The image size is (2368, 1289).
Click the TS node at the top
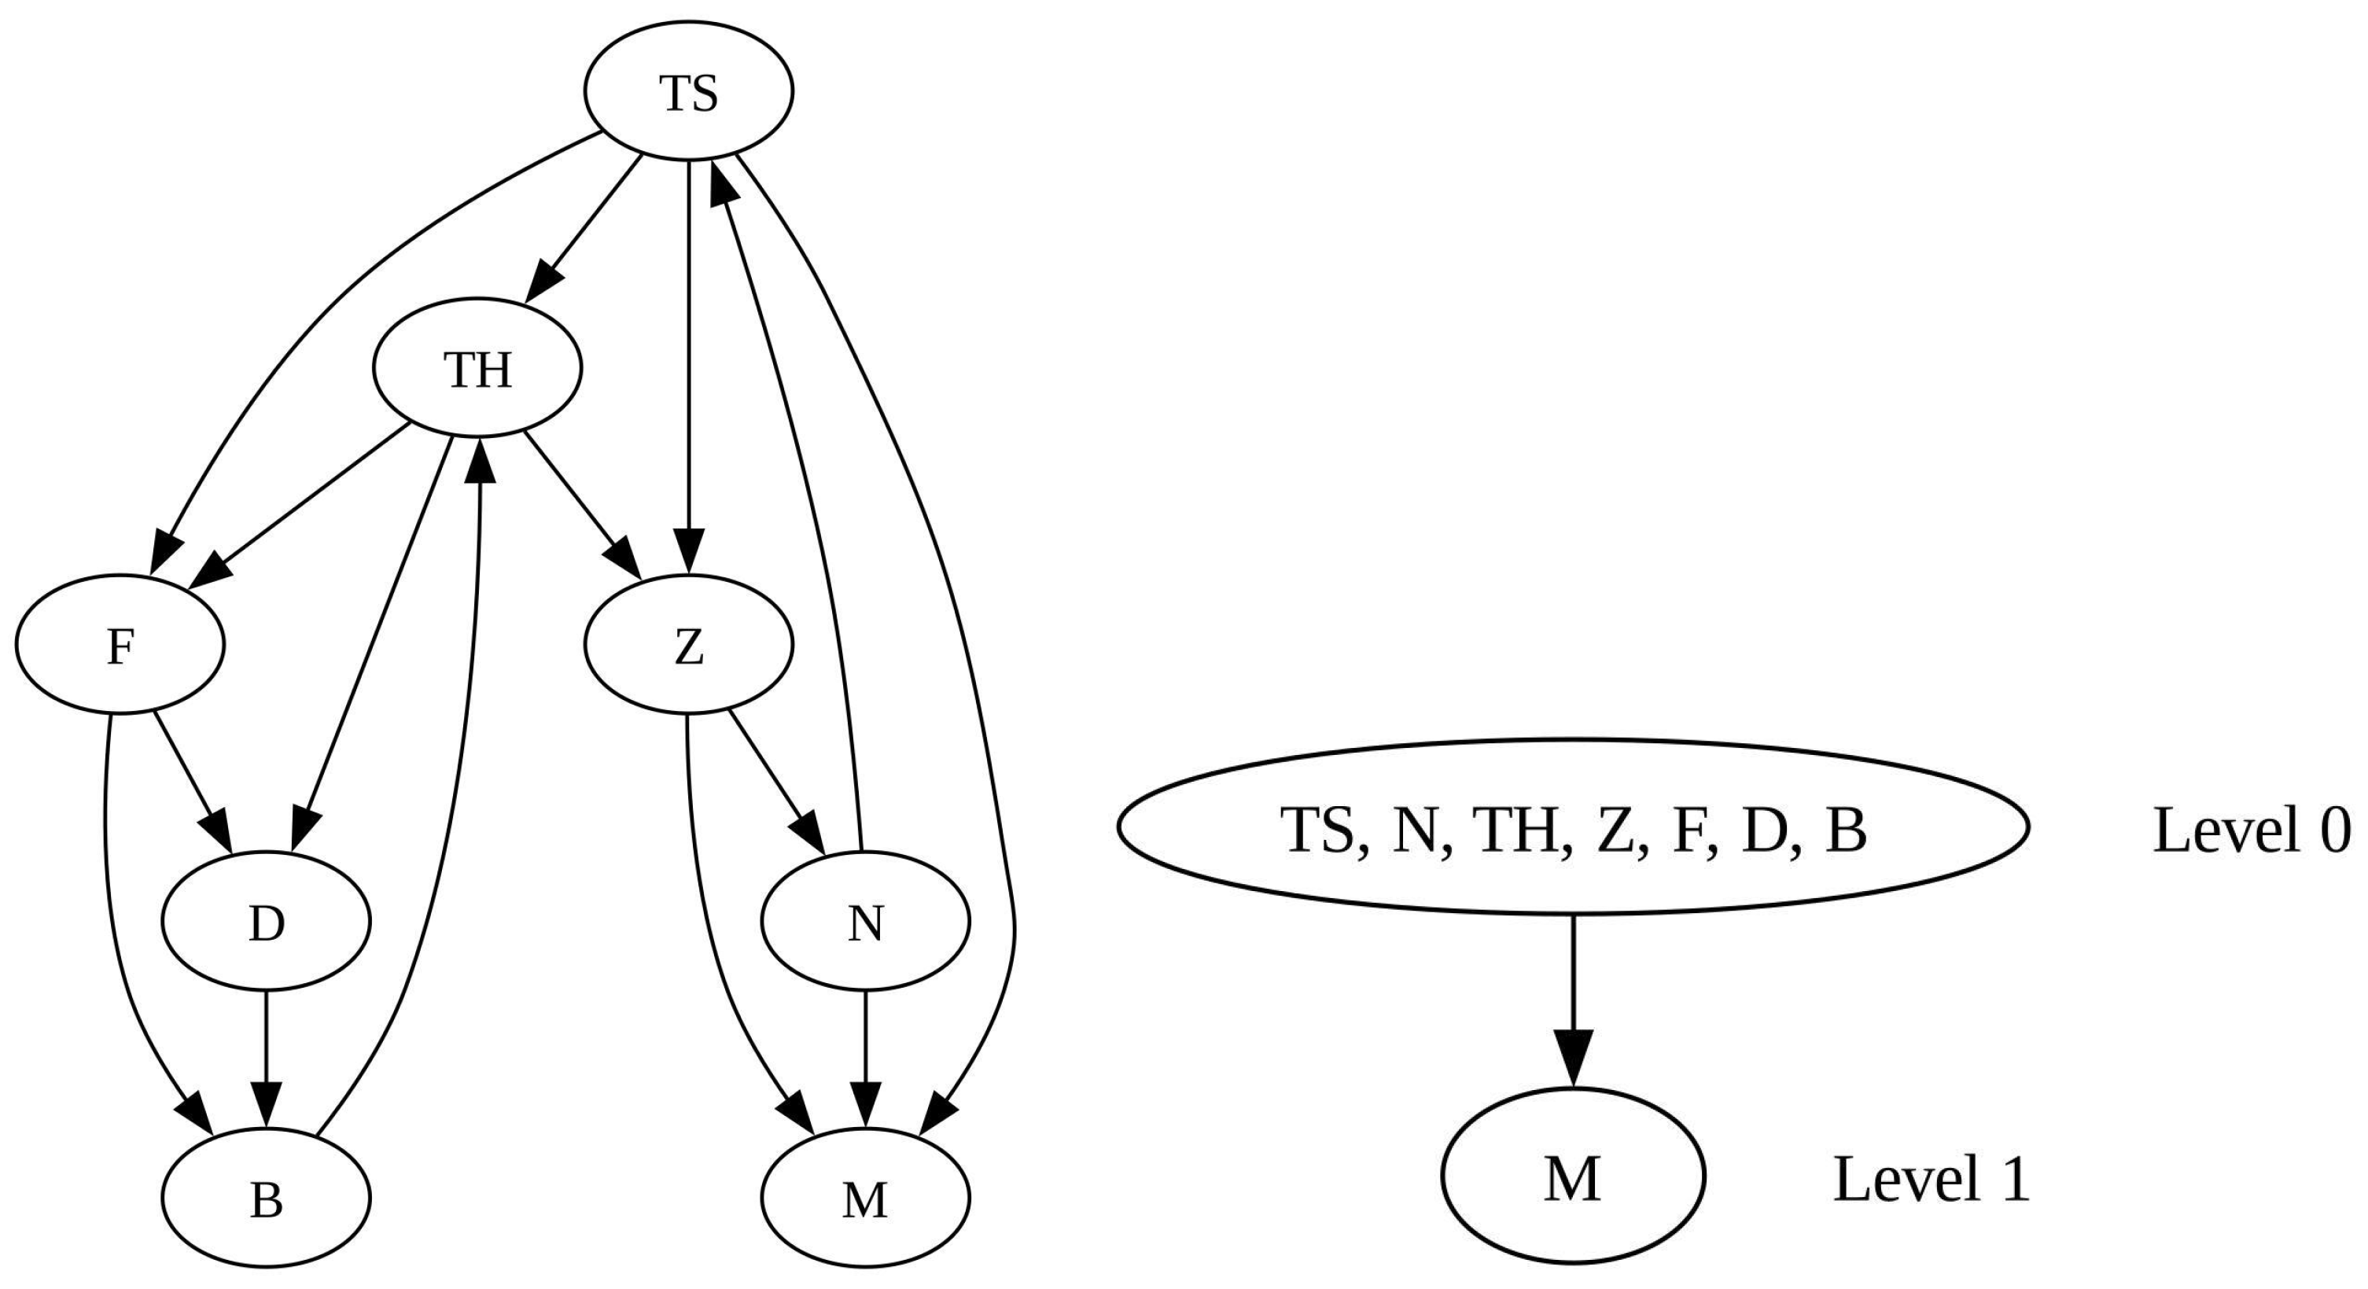(x=687, y=92)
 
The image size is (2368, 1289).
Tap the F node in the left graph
(x=120, y=646)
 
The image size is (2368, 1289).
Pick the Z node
(x=687, y=646)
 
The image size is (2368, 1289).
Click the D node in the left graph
(x=267, y=923)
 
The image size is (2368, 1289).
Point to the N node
(x=865, y=923)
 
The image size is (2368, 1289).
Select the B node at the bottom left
(x=267, y=1199)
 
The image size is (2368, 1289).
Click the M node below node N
(x=865, y=1199)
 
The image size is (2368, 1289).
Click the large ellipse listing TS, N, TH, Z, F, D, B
(x=1573, y=827)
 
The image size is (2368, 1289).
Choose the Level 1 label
(x=1932, y=1179)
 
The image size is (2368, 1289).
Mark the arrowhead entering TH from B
(x=479, y=457)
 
